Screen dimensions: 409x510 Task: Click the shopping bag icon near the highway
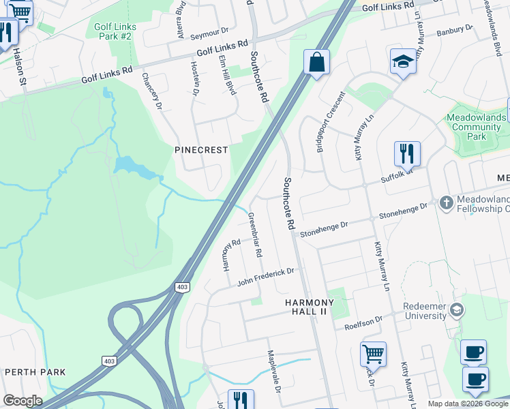pyautogui.click(x=316, y=63)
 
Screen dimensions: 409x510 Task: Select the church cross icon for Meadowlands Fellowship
pyautogui.click(x=446, y=202)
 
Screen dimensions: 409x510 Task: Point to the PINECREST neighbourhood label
pyautogui.click(x=201, y=150)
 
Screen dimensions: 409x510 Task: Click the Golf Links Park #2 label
pyautogui.click(x=115, y=32)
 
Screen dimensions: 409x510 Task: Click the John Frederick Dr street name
pyautogui.click(x=266, y=277)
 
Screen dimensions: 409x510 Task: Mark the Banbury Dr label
pyautogui.click(x=454, y=31)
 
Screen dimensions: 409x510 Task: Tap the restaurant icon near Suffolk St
pyautogui.click(x=407, y=154)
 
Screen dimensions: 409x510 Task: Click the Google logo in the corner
pyautogui.click(x=22, y=401)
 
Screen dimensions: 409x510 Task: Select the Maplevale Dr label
pyautogui.click(x=275, y=374)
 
